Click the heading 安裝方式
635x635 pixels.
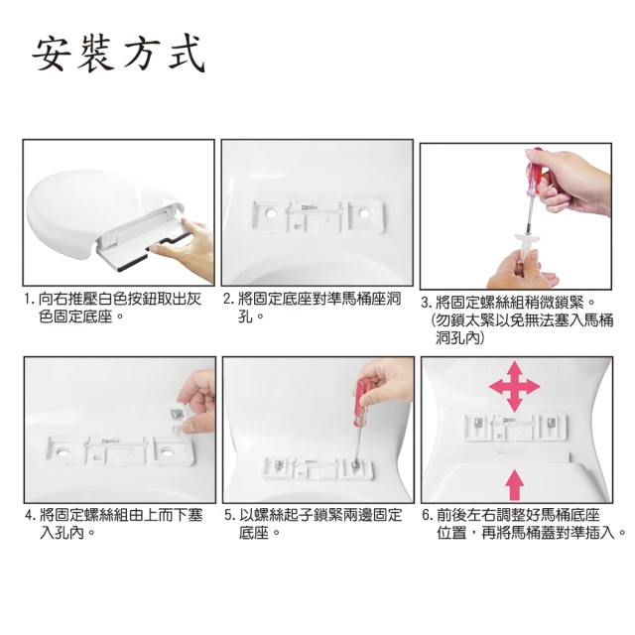(x=119, y=55)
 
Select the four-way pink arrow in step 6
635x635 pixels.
(x=514, y=386)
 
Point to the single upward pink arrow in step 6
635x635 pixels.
(x=514, y=485)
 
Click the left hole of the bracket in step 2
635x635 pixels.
(x=270, y=212)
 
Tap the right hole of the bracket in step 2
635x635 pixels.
(x=364, y=212)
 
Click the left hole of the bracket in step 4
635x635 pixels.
(x=63, y=450)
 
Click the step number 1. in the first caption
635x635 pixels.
(x=29, y=300)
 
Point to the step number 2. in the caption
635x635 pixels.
(x=229, y=300)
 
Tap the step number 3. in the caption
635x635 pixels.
(x=427, y=303)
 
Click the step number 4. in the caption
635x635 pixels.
(x=31, y=516)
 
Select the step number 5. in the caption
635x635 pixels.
(x=230, y=516)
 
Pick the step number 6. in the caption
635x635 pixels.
(x=428, y=516)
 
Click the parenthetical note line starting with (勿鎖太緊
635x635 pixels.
(x=523, y=320)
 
